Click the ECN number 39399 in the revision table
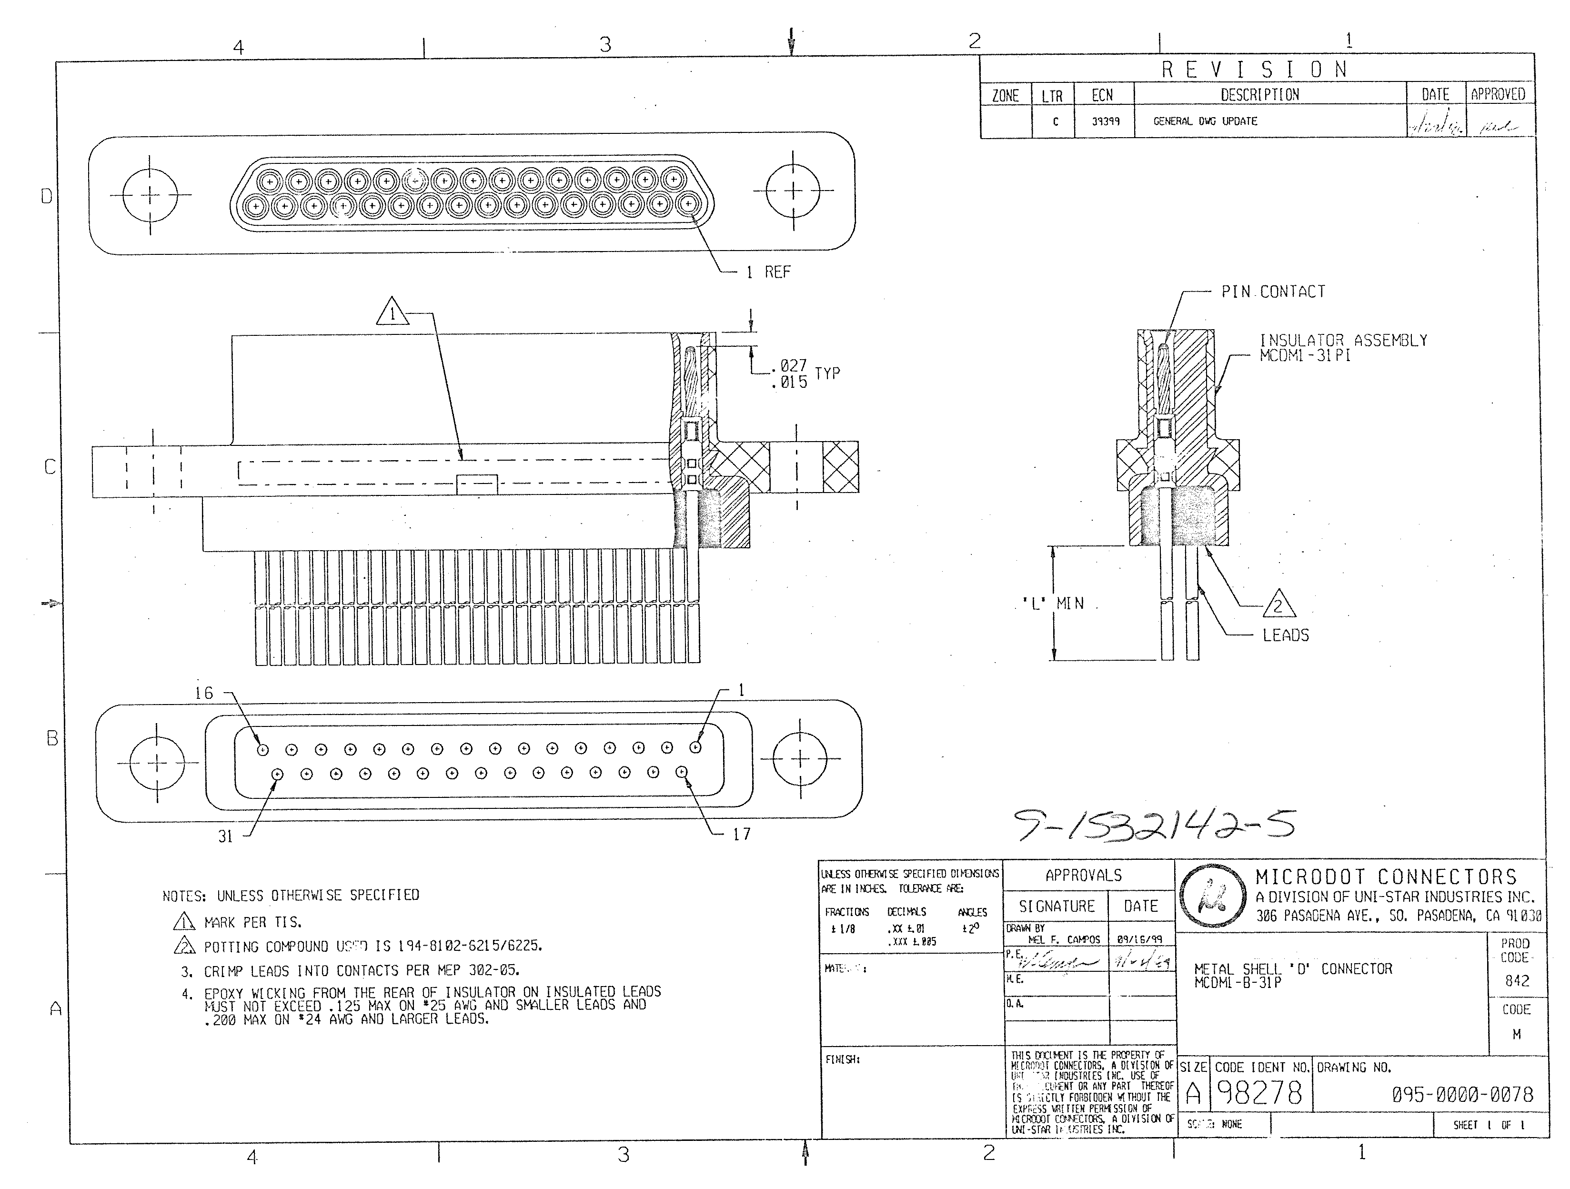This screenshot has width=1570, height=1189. coord(1105,121)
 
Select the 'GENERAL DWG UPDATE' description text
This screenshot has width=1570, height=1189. coord(1205,121)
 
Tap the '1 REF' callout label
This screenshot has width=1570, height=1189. coord(768,272)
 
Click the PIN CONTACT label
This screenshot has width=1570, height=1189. coord(1273,292)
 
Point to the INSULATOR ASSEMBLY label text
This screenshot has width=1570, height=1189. coord(1343,341)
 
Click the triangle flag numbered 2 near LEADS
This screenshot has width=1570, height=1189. coord(1278,605)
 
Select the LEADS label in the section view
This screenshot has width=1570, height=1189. coord(1285,635)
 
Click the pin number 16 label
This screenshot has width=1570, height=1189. coord(204,693)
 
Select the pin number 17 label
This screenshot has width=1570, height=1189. coord(742,834)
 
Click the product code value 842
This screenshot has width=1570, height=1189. coord(1517,980)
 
